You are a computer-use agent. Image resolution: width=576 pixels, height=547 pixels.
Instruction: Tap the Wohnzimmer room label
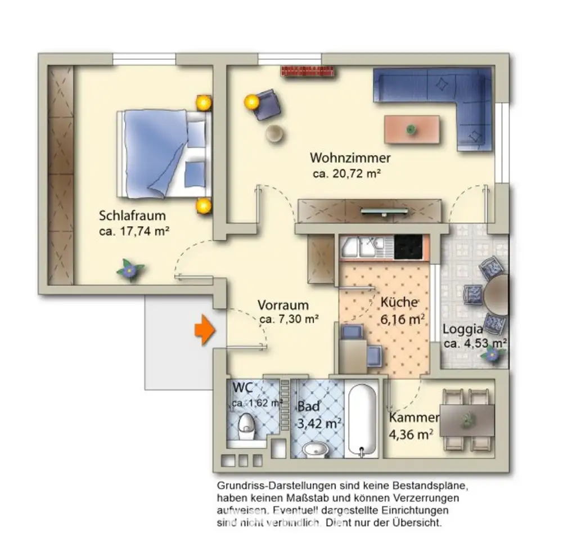(350, 158)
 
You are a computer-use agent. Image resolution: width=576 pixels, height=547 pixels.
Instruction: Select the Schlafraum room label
(132, 216)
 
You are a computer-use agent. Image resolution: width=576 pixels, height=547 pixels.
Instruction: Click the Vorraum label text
(283, 305)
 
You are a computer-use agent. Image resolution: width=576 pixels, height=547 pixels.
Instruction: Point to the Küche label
(399, 302)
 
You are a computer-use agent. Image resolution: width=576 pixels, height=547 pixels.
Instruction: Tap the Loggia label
(462, 329)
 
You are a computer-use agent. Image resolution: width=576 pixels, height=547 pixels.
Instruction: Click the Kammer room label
(414, 418)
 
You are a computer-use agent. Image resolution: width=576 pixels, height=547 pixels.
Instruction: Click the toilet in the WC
(246, 427)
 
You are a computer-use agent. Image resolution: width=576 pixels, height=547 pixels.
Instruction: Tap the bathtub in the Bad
(362, 421)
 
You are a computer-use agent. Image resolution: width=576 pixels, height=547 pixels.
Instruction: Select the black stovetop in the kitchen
(408, 247)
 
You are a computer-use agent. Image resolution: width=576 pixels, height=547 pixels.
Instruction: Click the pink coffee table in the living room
(412, 129)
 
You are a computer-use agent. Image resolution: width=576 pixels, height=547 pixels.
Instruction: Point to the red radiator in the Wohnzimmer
(308, 71)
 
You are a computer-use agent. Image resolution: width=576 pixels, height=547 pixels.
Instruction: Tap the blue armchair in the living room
(267, 105)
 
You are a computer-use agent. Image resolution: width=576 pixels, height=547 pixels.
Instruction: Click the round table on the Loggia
(496, 295)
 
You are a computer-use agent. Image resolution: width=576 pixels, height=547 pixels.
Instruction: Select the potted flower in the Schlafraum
(130, 270)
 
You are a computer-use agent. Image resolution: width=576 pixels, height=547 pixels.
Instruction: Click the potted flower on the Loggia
(492, 355)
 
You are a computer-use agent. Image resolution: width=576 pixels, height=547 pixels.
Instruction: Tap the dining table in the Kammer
(467, 420)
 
